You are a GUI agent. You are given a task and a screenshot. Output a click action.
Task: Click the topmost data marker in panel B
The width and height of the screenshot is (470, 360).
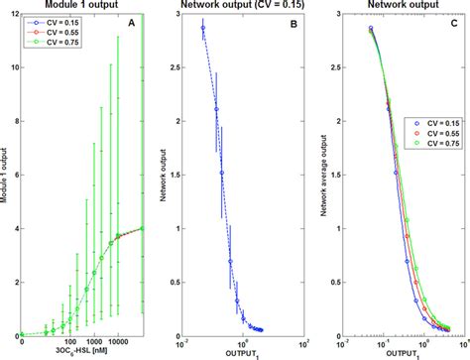[203, 28]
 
